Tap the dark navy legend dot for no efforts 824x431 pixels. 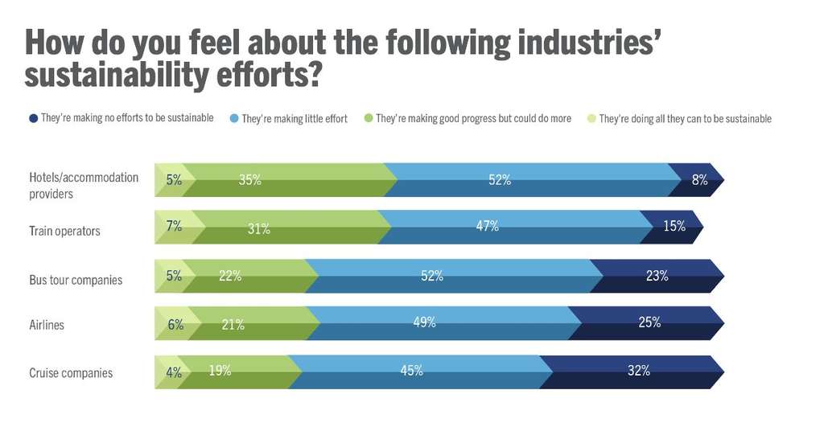(33, 118)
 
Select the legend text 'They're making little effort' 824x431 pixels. (294, 119)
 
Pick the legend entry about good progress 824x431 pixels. (473, 119)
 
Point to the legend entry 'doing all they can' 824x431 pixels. (685, 119)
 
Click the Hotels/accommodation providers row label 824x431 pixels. (84, 185)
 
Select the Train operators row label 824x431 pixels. (64, 231)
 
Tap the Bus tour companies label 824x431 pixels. (76, 280)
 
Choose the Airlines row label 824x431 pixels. (47, 326)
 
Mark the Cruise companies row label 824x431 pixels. (71, 373)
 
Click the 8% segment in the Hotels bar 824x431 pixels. (698, 180)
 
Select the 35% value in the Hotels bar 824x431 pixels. (250, 180)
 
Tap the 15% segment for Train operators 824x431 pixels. (674, 227)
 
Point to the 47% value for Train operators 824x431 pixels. (487, 227)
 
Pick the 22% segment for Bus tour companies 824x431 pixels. (231, 276)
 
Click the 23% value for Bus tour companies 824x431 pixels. (657, 276)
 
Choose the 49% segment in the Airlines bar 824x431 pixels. (424, 322)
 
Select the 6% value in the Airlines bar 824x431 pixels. (176, 325)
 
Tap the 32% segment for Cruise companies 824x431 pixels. (638, 371)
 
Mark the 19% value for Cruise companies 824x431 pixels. (220, 371)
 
